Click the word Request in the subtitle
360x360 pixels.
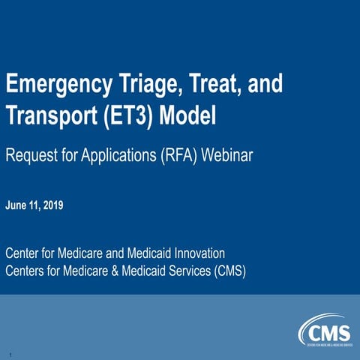(x=30, y=156)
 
